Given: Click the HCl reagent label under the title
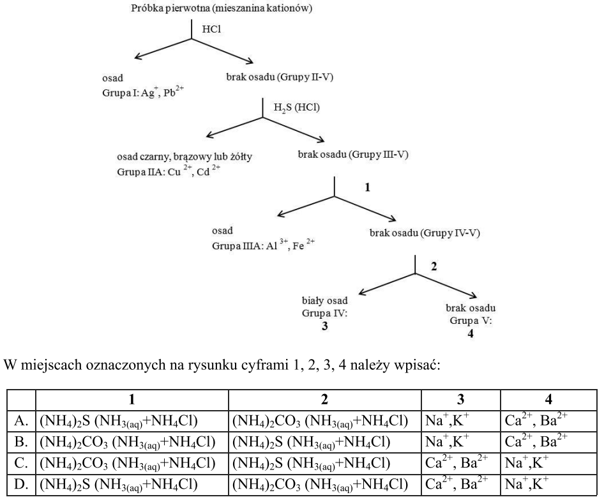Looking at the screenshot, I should click(211, 29).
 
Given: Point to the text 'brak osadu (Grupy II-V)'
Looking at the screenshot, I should click(280, 77).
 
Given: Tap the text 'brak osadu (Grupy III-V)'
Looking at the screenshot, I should click(352, 154).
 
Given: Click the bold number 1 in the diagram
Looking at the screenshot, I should click(367, 188).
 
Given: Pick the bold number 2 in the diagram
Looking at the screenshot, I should click(435, 266).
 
